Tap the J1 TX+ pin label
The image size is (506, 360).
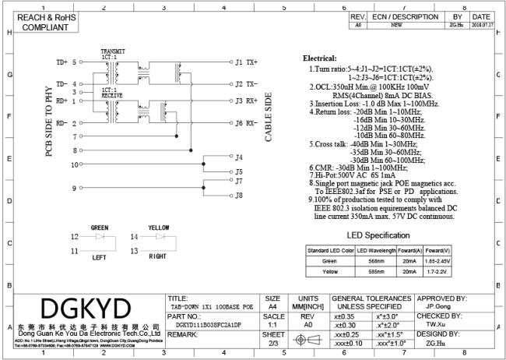click(x=246, y=62)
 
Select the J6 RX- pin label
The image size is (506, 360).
click(x=246, y=123)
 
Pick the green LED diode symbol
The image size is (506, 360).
click(x=100, y=236)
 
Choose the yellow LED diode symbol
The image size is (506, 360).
click(x=160, y=236)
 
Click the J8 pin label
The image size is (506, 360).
click(x=240, y=195)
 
